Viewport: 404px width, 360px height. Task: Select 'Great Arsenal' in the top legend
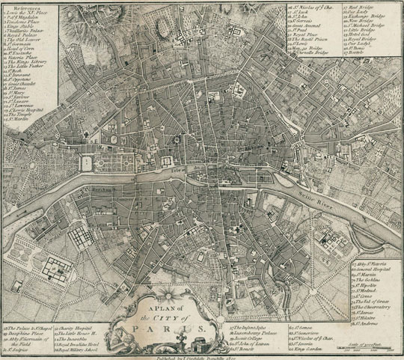[309, 26]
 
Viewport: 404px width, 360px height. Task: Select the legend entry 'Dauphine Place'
[25, 334]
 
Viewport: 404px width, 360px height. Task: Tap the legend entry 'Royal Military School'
[82, 350]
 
